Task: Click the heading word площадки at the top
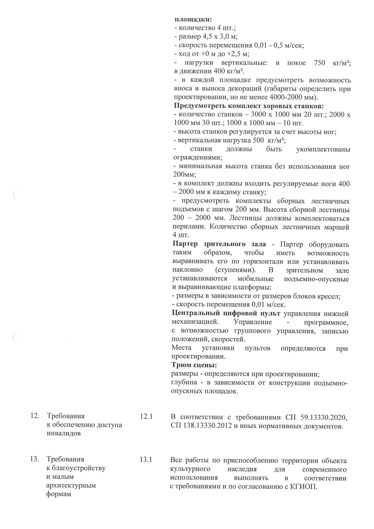[193, 19]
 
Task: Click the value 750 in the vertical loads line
[319, 63]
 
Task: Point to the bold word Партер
[185, 244]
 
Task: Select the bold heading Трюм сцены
[194, 365]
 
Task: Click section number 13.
[35, 459]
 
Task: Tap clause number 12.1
[147, 417]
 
